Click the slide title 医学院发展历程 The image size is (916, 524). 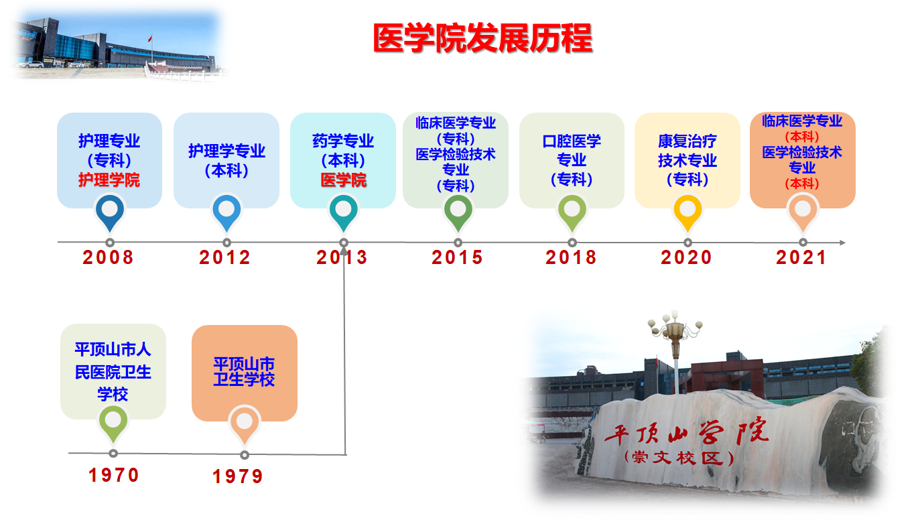tap(482, 38)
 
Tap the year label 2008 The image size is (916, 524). tap(108, 257)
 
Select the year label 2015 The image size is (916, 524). tap(457, 257)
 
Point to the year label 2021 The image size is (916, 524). tap(801, 257)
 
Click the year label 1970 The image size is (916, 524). tap(114, 475)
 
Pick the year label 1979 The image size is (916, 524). tap(238, 476)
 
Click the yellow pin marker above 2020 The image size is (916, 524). tap(688, 212)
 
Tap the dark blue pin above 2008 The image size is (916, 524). tap(110, 212)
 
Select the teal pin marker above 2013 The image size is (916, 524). tap(344, 212)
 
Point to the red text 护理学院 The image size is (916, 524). tap(109, 180)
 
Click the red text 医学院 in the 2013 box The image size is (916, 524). tap(344, 180)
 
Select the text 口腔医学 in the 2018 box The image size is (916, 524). tap(572, 141)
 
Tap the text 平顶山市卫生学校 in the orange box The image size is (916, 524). tap(244, 371)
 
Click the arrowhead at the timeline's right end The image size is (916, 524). tap(842, 243)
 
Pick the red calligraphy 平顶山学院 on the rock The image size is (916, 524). tap(687, 432)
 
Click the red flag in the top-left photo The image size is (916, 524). tap(150, 38)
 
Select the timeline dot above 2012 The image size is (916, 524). tap(226, 243)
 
